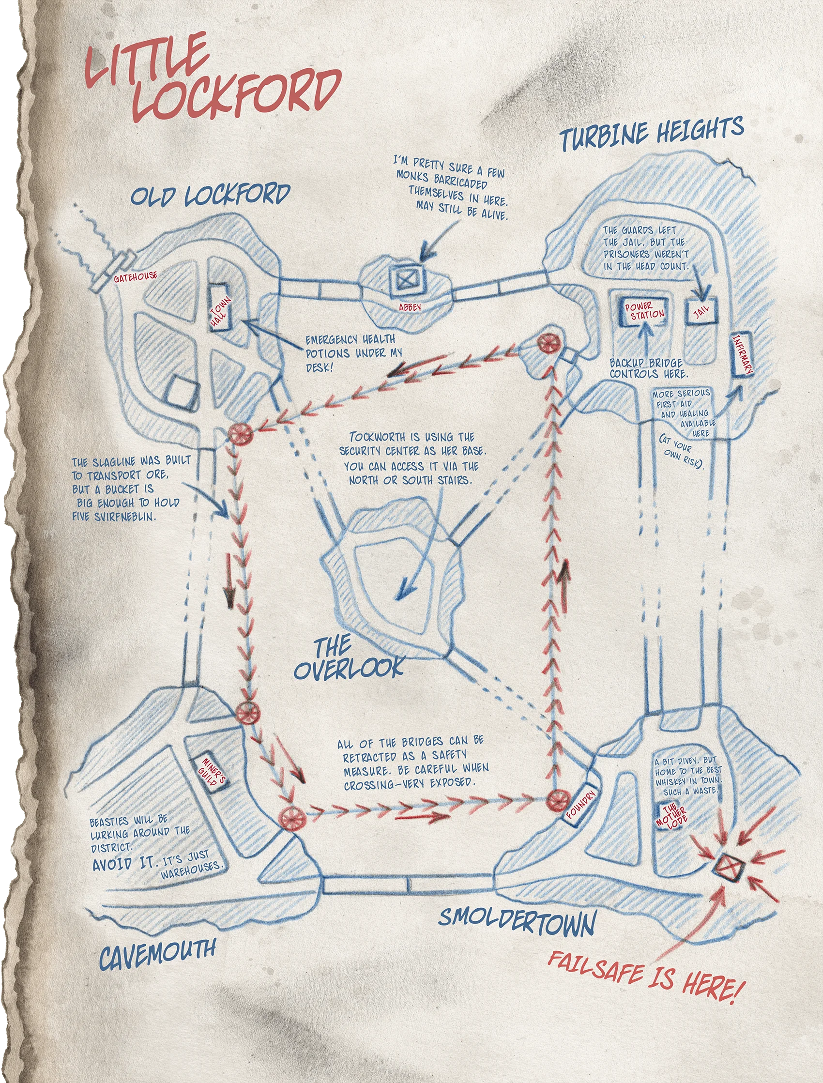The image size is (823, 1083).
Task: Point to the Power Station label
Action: [x=643, y=311]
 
